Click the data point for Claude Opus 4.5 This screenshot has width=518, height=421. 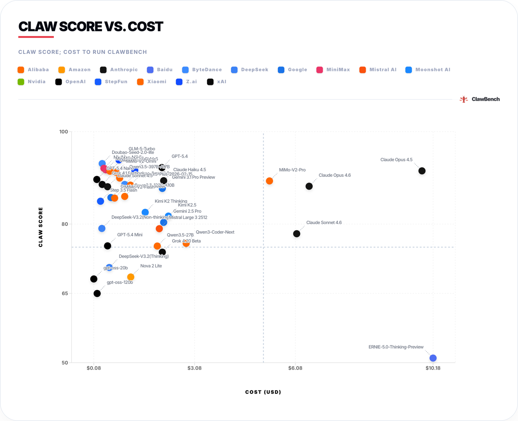pos(422,171)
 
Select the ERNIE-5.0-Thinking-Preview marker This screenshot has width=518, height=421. pos(433,358)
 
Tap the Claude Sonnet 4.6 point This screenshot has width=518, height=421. pos(297,234)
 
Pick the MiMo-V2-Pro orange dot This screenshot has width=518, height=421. pos(269,181)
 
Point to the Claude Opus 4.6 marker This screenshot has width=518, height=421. pos(309,186)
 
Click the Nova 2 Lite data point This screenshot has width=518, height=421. pos(131,277)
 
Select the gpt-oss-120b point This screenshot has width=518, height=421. pos(97,294)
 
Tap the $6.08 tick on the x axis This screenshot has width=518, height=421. pos(295,368)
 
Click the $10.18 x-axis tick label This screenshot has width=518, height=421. pos(433,368)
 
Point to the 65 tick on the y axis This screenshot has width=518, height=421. pos(64,293)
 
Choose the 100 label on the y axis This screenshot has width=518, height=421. pos(64,131)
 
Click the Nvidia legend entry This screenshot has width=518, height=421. pos(32,82)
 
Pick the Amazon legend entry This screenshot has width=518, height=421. pos(74,70)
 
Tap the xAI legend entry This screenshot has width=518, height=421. pos(217,82)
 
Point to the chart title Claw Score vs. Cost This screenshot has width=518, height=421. pos(91,27)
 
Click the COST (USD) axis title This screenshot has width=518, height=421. pos(263,392)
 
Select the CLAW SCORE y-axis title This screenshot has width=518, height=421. pos(40,227)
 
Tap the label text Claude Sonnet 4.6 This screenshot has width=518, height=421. pos(324,223)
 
